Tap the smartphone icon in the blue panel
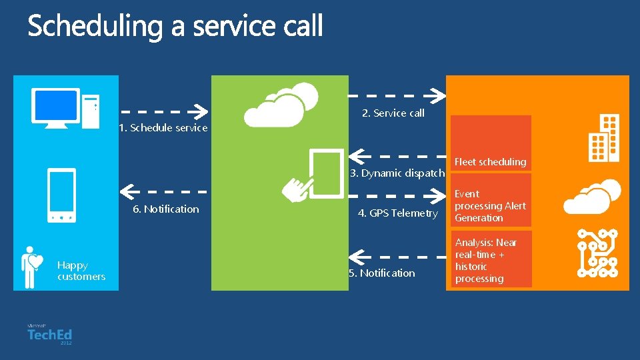61,195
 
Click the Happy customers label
81,271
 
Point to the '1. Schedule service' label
163,128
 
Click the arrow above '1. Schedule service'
165,111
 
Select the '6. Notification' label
166,209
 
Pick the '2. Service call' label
393,113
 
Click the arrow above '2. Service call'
397,96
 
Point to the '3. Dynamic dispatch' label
397,173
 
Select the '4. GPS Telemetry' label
398,213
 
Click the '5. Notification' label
382,273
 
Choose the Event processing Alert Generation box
491,206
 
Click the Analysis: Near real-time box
491,260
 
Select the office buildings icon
603,138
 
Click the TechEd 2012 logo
49,335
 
